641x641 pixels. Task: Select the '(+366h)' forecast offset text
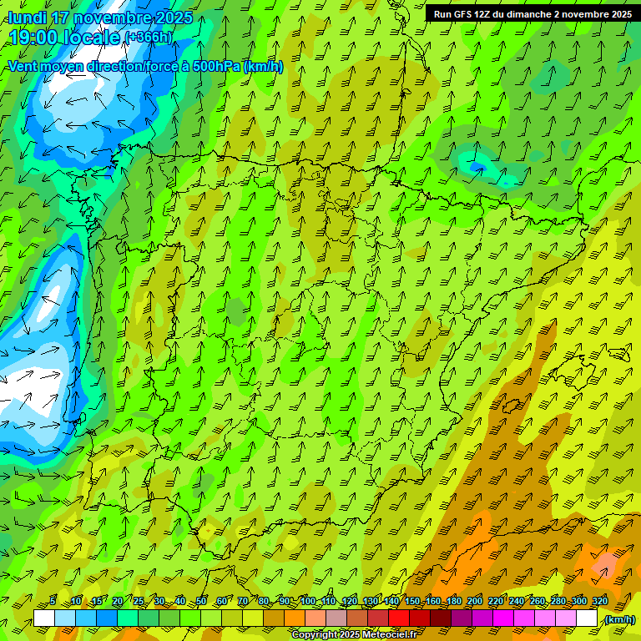pos(149,38)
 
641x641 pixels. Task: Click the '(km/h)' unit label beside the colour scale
pos(618,619)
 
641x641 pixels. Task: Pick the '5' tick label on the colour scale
pos(53,601)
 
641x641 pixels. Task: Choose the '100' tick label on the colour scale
pos(308,601)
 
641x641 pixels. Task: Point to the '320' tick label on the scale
pos(598,601)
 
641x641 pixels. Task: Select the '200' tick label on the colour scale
pos(475,601)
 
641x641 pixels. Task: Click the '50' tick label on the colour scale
pos(201,601)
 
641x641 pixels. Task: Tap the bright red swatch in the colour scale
pos(399,618)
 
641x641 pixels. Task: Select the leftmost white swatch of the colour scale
pos(44,618)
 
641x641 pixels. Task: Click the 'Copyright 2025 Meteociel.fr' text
pos(355,634)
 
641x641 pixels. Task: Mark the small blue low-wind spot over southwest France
pos(477,168)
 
